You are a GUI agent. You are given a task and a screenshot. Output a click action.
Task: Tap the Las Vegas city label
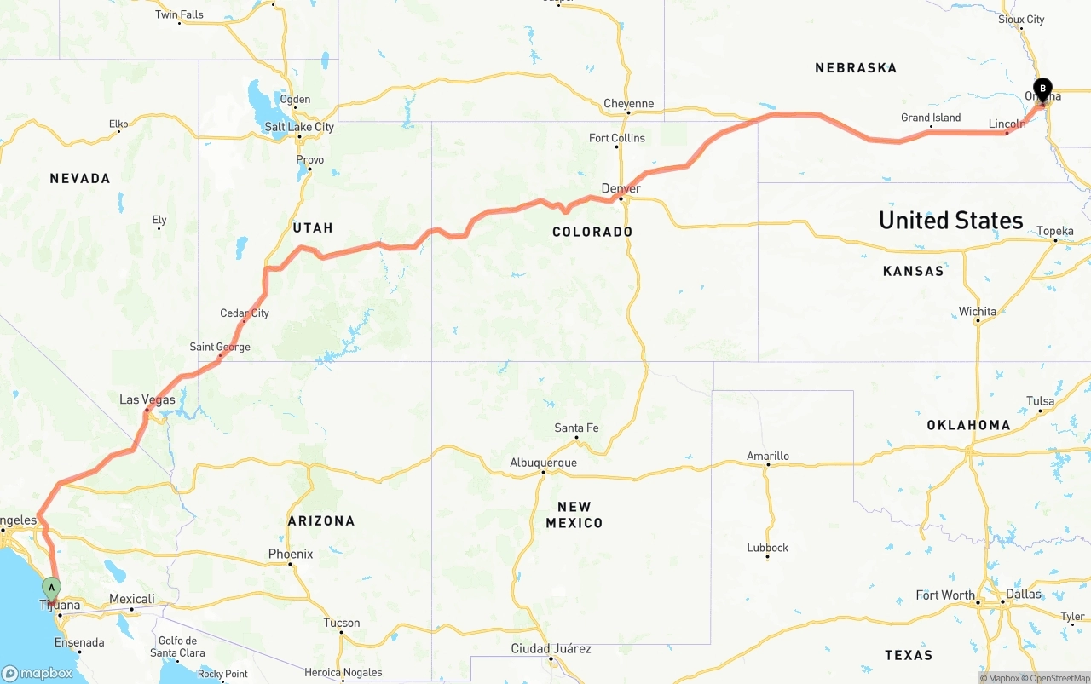click(147, 399)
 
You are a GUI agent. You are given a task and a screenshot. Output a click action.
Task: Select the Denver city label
click(621, 188)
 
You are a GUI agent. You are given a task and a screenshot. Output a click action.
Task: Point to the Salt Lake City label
click(299, 127)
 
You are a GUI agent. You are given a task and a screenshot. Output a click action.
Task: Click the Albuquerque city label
click(543, 463)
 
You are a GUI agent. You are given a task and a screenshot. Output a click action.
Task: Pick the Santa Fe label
click(576, 428)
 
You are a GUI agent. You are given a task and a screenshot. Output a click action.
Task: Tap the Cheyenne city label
click(628, 104)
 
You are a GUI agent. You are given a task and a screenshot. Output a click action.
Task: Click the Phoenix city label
click(291, 554)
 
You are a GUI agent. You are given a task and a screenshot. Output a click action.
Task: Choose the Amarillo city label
click(768, 456)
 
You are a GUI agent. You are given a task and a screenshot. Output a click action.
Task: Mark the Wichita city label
click(978, 311)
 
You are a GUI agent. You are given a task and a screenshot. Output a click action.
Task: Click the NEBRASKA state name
click(856, 68)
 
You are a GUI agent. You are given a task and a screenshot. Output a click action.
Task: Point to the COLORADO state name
click(592, 232)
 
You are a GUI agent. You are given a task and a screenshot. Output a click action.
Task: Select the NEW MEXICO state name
click(574, 514)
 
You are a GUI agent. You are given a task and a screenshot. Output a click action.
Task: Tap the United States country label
click(950, 221)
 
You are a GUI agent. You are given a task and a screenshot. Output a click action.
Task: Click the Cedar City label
click(245, 313)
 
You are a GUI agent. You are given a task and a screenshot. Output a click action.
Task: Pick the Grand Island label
click(931, 118)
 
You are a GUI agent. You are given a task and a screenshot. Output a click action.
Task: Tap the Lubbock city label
click(768, 548)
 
